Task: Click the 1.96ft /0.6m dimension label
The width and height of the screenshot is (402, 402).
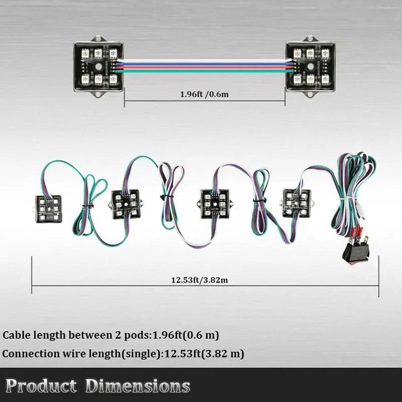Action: click(x=204, y=94)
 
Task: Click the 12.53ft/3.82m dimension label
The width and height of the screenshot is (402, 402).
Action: click(x=199, y=280)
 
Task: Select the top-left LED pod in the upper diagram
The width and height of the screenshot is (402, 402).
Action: click(x=98, y=67)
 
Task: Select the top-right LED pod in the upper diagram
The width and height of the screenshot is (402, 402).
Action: click(x=311, y=67)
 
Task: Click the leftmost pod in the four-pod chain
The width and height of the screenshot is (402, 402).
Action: click(x=48, y=209)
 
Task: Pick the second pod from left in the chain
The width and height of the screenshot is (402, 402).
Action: click(x=126, y=204)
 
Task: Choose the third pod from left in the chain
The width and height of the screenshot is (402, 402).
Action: click(x=215, y=204)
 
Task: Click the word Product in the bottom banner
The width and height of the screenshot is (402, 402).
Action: click(x=41, y=385)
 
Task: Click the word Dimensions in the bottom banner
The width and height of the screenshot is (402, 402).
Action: click(x=137, y=386)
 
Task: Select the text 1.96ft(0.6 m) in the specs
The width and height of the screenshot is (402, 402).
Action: click(x=185, y=335)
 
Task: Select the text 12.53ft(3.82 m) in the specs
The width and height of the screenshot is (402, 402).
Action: click(x=204, y=354)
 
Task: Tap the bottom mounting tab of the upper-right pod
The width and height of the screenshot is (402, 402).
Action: click(x=310, y=94)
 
